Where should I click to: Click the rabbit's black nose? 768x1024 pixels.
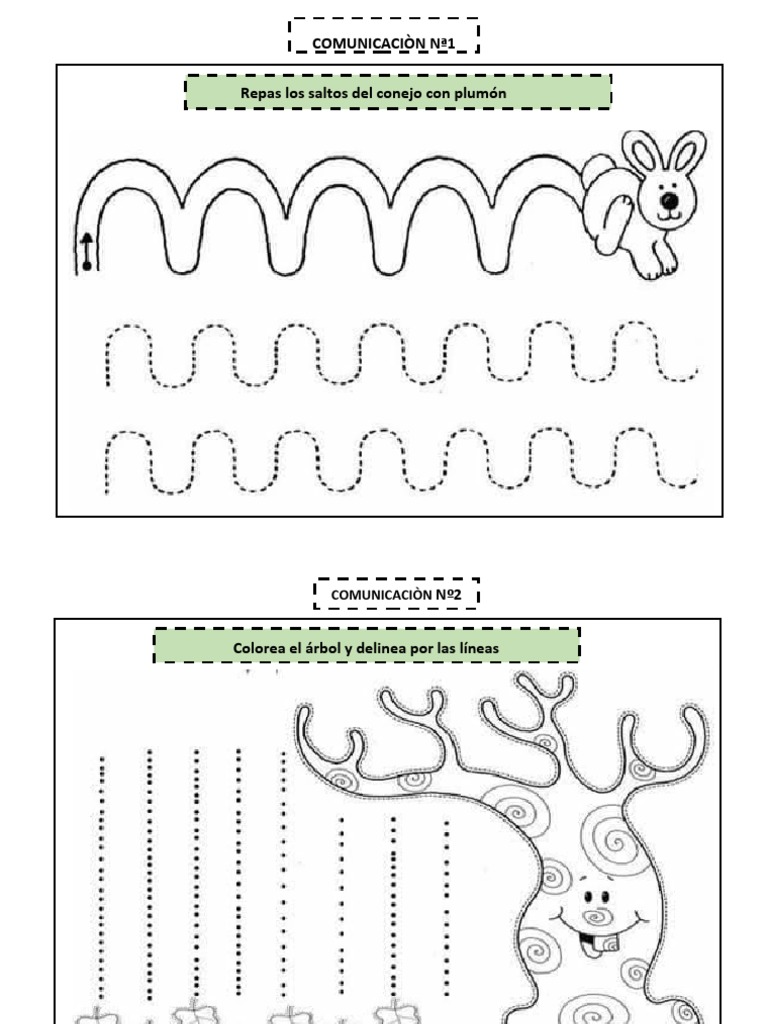(669, 200)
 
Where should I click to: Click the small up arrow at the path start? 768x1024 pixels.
(87, 251)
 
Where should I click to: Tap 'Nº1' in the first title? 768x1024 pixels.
(442, 44)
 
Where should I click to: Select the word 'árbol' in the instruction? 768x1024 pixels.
(323, 648)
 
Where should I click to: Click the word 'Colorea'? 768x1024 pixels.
(259, 648)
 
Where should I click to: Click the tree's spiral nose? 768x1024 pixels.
(595, 916)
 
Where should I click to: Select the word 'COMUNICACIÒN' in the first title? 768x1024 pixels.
(368, 44)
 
